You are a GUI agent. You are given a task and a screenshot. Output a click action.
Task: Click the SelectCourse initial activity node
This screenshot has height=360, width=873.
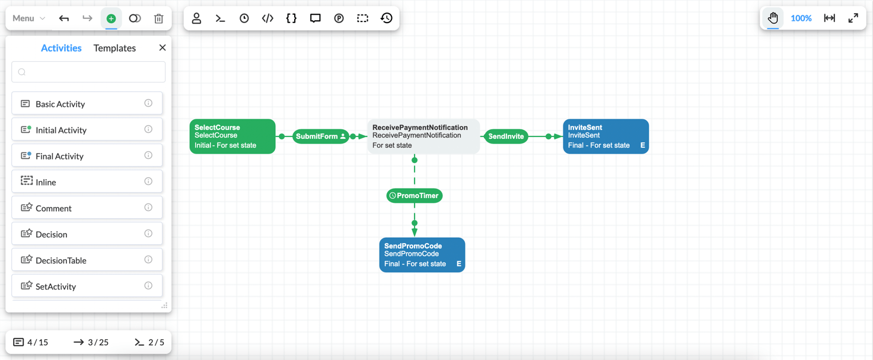click(x=232, y=136)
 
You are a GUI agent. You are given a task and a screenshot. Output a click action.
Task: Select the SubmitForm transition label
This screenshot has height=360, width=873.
click(x=317, y=136)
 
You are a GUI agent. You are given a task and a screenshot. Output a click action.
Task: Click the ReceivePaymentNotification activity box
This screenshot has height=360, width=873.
click(x=423, y=136)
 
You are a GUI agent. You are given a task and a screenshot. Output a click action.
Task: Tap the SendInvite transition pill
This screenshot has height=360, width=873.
click(x=506, y=136)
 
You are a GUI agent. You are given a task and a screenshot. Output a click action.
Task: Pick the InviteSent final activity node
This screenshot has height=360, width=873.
click(x=605, y=136)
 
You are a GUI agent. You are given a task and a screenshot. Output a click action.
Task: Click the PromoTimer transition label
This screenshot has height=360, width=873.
click(x=415, y=196)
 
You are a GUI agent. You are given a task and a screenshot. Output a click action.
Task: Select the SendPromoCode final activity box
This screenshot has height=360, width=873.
click(x=422, y=255)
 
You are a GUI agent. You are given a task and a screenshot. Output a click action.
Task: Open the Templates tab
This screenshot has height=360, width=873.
click(x=114, y=48)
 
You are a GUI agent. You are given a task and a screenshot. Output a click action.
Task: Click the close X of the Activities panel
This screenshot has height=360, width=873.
click(x=163, y=47)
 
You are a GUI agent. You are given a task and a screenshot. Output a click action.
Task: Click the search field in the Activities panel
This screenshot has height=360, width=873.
click(x=88, y=72)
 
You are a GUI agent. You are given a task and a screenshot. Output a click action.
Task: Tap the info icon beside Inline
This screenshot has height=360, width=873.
click(x=148, y=181)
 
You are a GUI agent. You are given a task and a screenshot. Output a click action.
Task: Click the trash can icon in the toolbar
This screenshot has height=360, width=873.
click(x=158, y=18)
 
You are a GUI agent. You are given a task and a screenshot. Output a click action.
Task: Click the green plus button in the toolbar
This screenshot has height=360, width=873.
click(x=111, y=18)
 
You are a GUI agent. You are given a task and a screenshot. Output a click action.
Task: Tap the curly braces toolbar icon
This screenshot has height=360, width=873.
click(x=291, y=18)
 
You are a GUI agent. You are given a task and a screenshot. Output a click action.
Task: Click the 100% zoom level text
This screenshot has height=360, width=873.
click(x=801, y=18)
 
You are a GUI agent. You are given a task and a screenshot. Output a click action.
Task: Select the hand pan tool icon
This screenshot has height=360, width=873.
click(x=773, y=18)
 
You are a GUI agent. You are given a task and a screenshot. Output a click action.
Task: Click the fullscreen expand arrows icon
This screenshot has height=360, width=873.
click(x=853, y=18)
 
